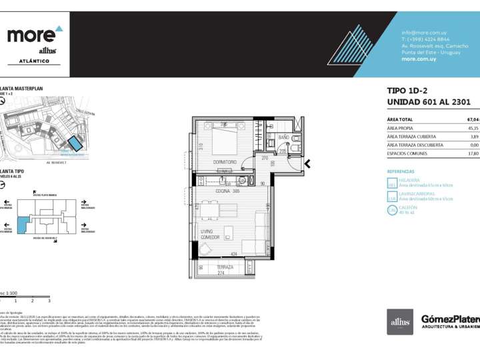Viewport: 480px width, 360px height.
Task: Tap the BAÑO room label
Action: [x=283, y=137]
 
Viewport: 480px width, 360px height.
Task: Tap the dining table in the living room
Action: [x=209, y=211]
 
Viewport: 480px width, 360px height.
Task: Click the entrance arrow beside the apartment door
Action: [x=307, y=163]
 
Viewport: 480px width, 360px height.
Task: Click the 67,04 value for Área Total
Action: [x=473, y=119]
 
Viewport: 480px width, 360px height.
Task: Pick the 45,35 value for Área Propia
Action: [x=473, y=128]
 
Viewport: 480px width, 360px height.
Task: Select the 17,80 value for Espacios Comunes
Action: [x=473, y=153]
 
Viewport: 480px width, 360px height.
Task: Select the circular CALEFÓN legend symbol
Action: [x=392, y=210]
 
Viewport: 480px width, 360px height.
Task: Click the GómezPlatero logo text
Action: [x=450, y=319]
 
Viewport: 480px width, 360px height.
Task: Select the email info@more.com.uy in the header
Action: [x=423, y=33]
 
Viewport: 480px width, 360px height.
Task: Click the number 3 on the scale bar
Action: [x=49, y=301]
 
